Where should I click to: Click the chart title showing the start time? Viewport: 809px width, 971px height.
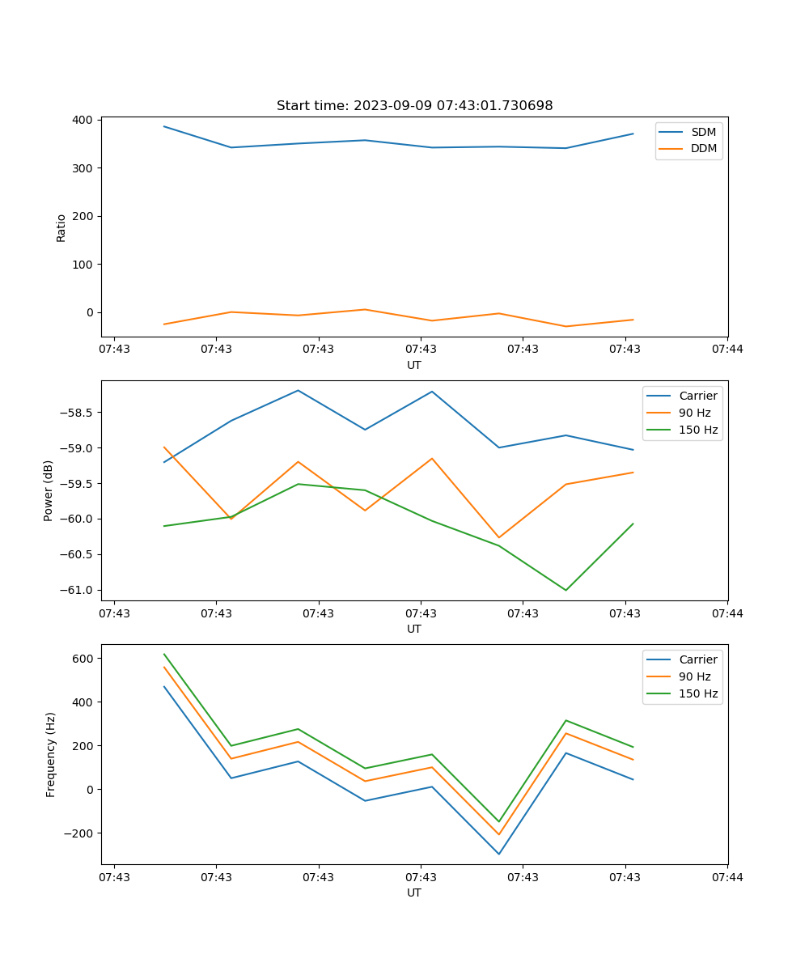(x=414, y=106)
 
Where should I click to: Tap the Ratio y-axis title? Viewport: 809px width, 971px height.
(x=61, y=227)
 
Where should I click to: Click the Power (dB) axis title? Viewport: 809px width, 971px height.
(x=49, y=490)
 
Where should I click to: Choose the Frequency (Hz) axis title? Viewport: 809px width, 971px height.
(x=51, y=754)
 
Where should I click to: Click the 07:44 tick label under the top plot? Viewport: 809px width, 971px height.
(x=727, y=349)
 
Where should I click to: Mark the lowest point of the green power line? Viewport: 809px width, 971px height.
(x=565, y=590)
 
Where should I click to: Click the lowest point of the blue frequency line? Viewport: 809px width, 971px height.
(x=498, y=854)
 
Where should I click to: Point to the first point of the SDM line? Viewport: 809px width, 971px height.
(x=164, y=126)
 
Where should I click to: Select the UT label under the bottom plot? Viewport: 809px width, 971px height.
(x=414, y=893)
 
